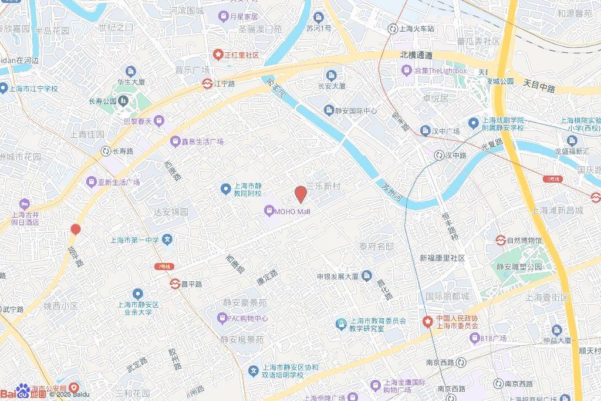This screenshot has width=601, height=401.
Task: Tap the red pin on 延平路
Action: tap(75, 230)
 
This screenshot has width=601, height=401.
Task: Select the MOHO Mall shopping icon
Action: tap(269, 210)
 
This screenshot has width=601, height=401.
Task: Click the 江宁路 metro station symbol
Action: tap(207, 84)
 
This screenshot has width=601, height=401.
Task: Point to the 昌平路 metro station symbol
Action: tap(174, 284)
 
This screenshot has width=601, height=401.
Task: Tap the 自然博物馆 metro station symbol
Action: tap(501, 241)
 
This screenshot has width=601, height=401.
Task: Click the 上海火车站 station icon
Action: tap(393, 28)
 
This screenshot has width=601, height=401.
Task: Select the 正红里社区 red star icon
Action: tap(218, 55)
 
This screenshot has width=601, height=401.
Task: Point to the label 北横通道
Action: tap(416, 55)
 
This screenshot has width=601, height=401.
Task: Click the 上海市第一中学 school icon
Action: tap(168, 240)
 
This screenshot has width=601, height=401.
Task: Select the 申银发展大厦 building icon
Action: tap(367, 276)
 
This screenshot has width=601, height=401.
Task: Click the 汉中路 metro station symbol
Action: tap(439, 156)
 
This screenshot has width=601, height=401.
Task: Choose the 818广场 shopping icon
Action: tap(474, 338)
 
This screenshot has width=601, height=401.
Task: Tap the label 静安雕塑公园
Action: tap(518, 266)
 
